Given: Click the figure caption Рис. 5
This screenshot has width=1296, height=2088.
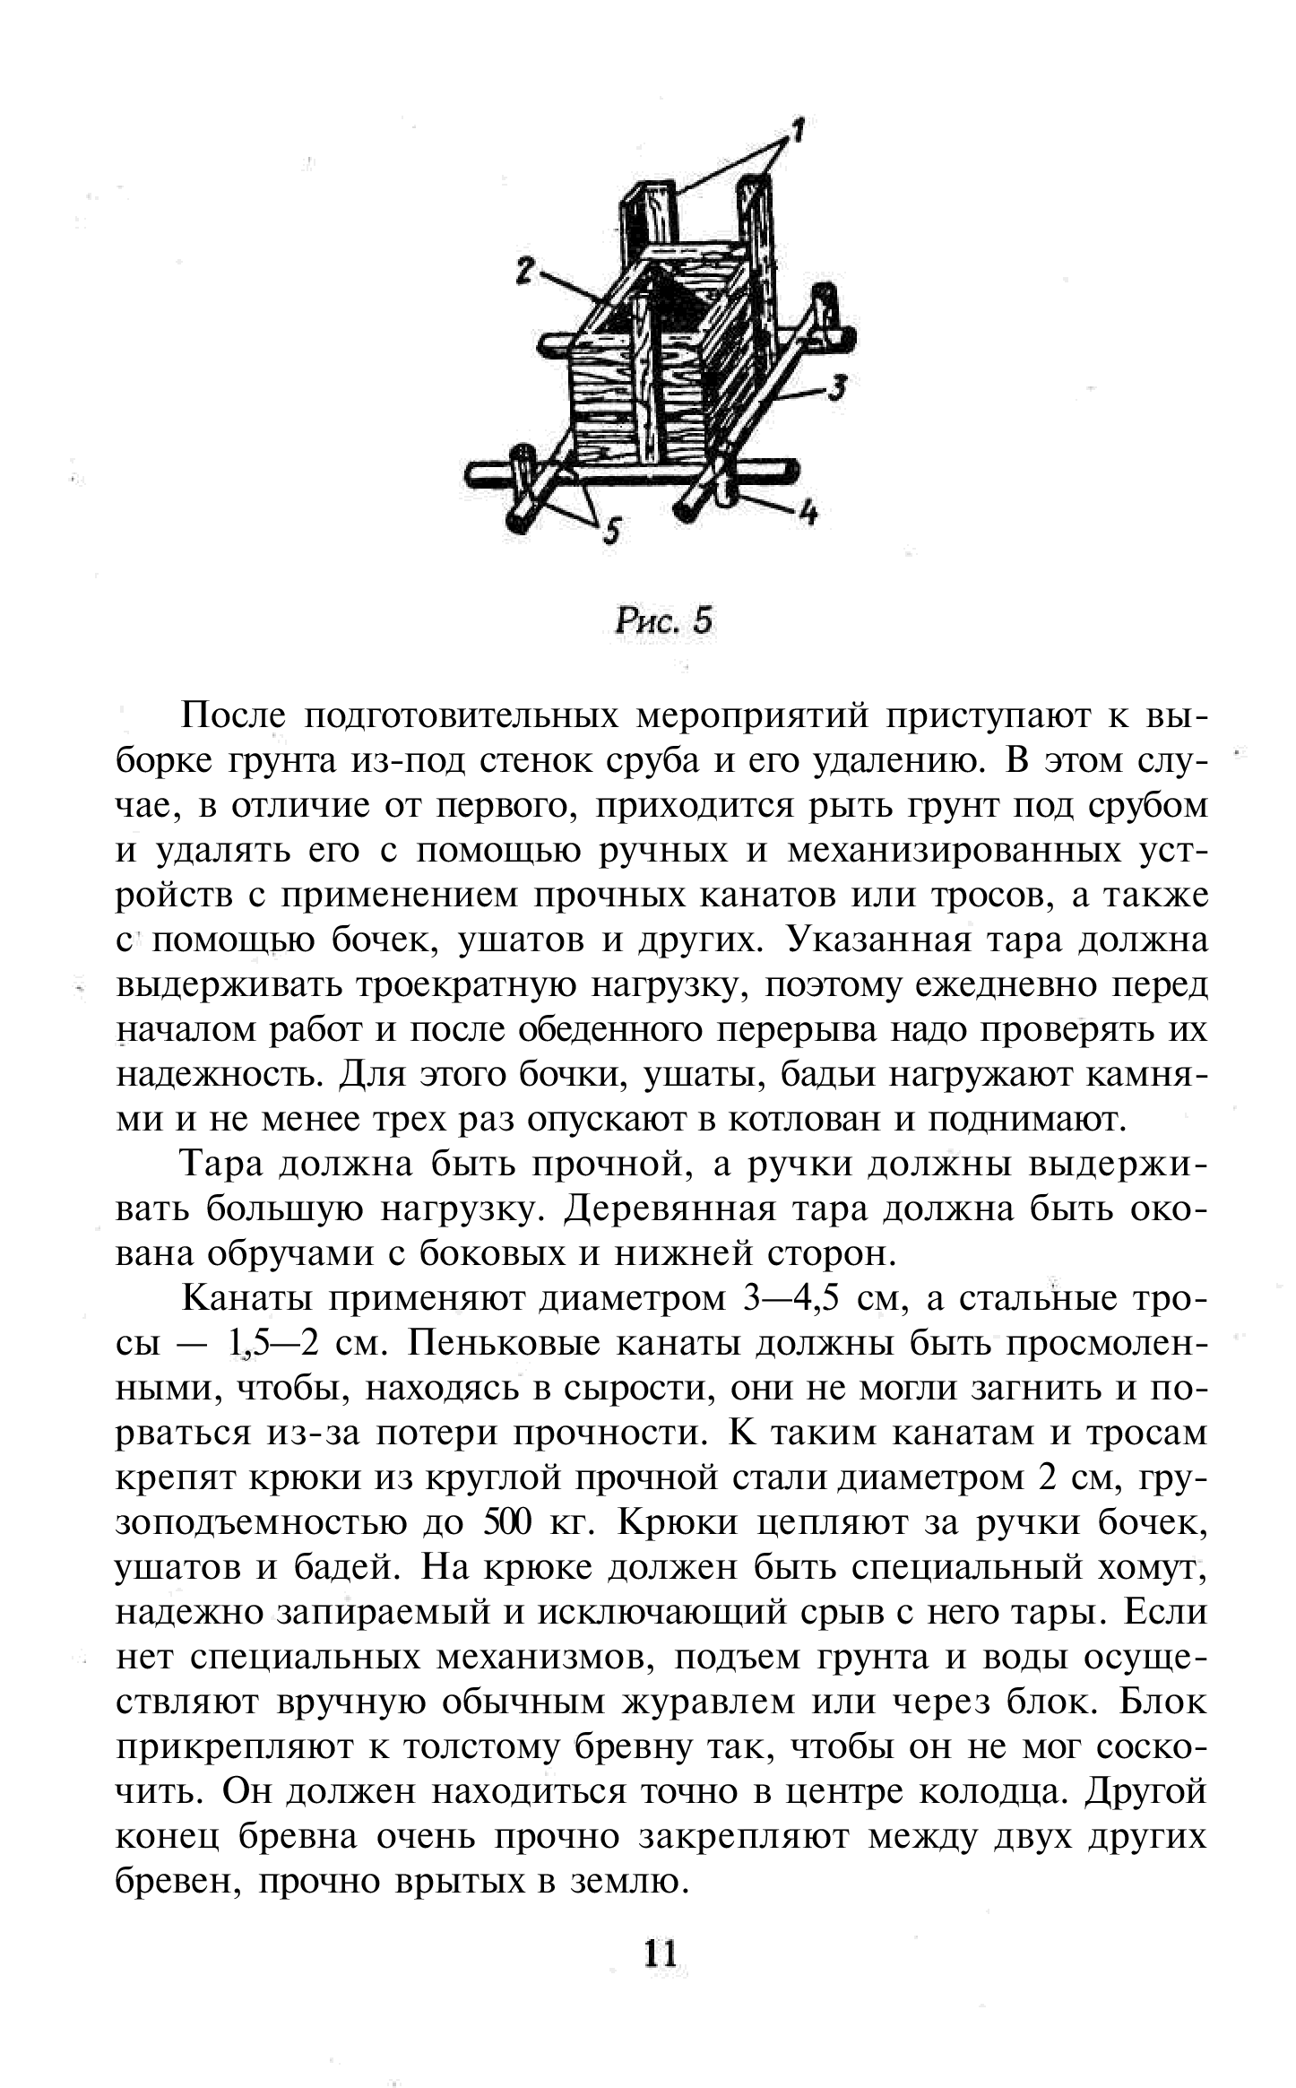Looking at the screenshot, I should click(663, 620).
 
